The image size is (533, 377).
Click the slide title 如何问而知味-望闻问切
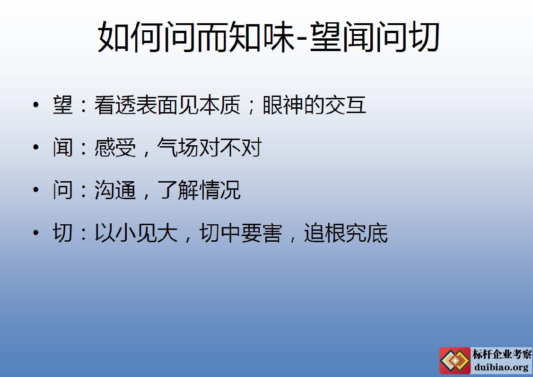pos(269,37)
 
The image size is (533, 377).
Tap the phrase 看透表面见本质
pos(167,105)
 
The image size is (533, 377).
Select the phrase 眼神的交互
pos(314,105)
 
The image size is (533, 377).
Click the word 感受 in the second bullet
pos(115,148)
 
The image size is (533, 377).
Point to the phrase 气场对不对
pos(210,148)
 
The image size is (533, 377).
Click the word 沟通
pos(115,190)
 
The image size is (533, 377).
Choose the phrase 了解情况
pos(199,190)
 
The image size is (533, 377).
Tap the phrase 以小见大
pos(136,233)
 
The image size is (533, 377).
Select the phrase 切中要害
pos(241,233)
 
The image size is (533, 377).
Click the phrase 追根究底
pos(346,233)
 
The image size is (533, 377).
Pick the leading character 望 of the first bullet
pos(63,105)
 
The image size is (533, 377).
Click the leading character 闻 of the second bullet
pos(63,148)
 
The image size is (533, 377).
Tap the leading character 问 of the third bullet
pos(63,190)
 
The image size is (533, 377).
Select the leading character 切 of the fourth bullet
pos(63,233)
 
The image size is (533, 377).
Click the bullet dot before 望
pos(36,105)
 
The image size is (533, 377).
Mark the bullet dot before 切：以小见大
pos(36,233)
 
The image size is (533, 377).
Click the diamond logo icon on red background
pos(455,361)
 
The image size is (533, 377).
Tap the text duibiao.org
pos(501,367)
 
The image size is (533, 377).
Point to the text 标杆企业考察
pos(502,354)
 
